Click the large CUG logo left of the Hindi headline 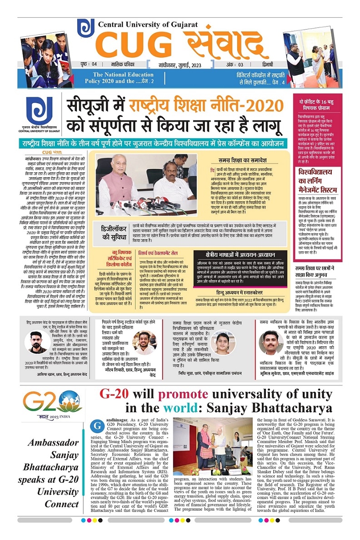click(x=39, y=111)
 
